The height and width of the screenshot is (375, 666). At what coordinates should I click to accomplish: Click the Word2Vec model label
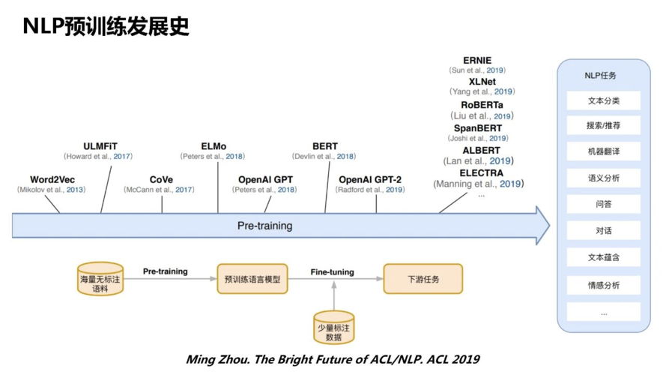tap(52, 179)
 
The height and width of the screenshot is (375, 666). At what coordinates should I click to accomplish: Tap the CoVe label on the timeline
tap(161, 179)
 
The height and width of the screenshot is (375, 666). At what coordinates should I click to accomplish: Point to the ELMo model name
tap(214, 145)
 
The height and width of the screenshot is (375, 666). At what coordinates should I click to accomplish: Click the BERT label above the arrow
tap(325, 145)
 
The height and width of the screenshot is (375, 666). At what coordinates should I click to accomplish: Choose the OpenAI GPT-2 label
tap(370, 179)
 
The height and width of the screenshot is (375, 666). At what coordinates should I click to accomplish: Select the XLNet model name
tap(482, 81)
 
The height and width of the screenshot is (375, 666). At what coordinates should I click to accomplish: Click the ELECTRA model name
tap(482, 172)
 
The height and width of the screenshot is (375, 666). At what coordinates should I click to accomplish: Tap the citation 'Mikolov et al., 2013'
tap(52, 190)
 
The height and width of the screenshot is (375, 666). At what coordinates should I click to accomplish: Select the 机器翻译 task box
tap(603, 152)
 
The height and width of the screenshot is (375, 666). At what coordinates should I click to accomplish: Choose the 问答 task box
tap(603, 204)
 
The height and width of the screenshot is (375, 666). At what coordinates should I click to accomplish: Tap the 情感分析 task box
tap(603, 285)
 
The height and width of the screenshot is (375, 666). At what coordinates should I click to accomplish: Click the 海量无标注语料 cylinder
tap(100, 279)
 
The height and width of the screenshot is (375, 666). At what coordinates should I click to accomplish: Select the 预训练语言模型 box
tap(252, 279)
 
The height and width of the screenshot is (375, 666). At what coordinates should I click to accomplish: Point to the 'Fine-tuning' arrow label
tap(333, 271)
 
